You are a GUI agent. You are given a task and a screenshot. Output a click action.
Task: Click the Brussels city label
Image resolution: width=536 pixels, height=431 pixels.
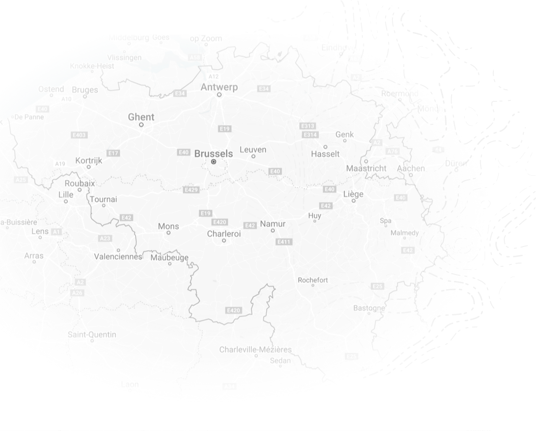pos(213,153)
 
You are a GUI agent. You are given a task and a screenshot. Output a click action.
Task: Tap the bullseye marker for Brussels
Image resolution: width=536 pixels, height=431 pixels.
pos(213,162)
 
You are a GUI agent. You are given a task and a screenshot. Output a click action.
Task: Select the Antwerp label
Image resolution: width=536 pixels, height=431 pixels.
pos(219,87)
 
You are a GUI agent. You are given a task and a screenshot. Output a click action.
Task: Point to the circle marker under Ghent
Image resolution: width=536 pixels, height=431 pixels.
pos(141,125)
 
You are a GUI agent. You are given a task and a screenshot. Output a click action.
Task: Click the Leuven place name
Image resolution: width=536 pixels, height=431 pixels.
pos(253,149)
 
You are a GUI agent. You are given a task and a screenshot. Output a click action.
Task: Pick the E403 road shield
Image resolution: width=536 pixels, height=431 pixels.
pos(79,135)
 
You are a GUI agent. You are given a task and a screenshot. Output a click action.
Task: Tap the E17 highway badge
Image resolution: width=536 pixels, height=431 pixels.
pos(113,153)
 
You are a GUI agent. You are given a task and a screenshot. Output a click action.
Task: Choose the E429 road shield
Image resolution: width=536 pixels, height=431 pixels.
pos(191,189)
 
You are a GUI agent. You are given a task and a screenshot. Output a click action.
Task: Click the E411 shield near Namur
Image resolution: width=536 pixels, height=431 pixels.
pos(284,242)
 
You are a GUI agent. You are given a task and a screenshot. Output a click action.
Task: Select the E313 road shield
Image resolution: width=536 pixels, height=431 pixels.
pos(309,126)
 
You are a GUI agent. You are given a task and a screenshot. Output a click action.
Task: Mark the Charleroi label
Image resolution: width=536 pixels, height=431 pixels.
pos(224,233)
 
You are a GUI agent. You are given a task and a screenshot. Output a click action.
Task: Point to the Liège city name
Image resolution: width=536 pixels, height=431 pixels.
pos(353,194)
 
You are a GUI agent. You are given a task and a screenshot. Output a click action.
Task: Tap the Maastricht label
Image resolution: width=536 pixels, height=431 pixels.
pos(366,168)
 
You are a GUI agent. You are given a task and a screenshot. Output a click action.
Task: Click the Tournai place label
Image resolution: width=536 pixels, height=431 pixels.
pos(104,199)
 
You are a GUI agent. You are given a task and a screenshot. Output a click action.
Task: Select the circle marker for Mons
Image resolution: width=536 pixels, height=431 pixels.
pos(168,233)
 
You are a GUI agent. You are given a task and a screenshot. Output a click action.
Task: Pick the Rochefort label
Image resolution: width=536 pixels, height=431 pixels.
pos(313,280)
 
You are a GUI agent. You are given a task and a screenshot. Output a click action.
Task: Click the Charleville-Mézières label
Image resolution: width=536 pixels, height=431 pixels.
pos(256,349)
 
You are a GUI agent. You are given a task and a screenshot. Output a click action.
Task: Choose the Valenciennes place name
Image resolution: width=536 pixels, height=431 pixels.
pos(118,257)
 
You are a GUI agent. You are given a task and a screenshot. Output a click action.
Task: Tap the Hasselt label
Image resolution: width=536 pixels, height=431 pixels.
pos(325,154)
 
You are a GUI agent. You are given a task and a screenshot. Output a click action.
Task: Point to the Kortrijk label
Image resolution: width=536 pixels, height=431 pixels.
pos(89,161)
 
